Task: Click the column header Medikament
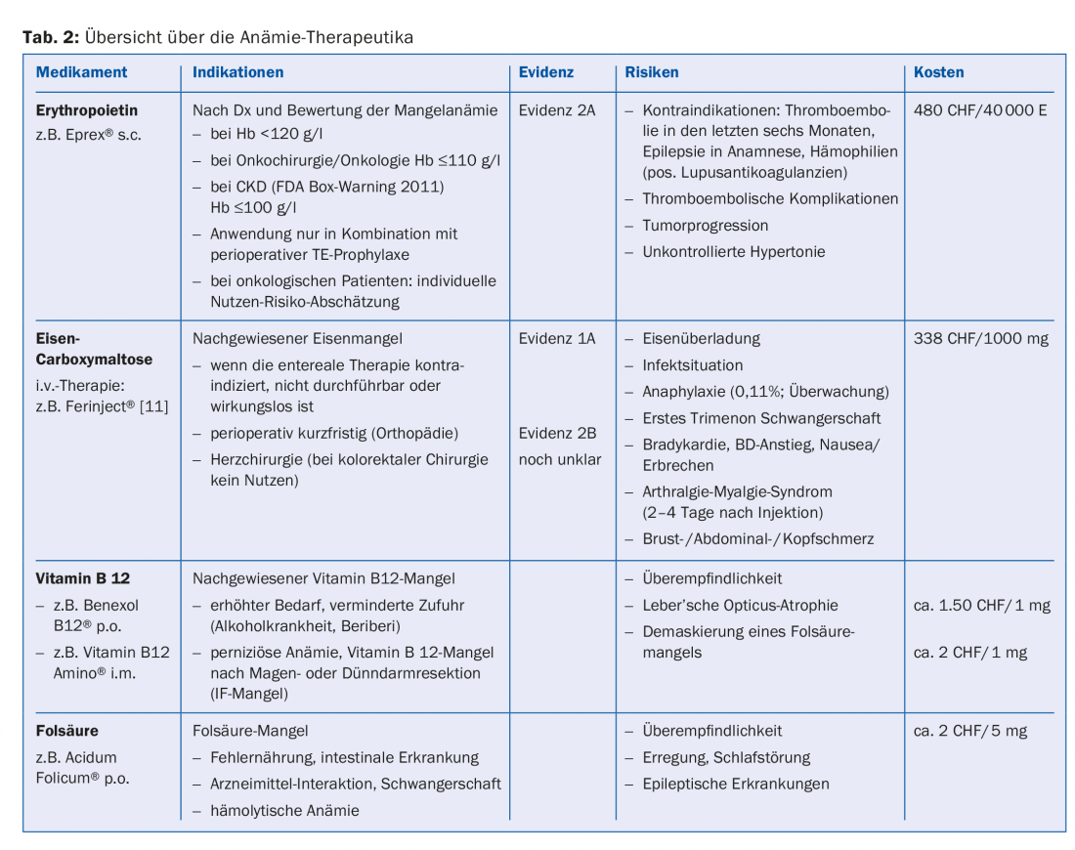(x=81, y=72)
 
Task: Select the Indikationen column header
(x=237, y=72)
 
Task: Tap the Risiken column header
(x=651, y=72)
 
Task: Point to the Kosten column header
(x=938, y=72)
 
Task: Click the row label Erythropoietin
(x=87, y=110)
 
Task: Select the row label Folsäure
(x=66, y=731)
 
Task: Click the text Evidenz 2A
(x=557, y=110)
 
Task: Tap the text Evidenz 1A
(x=557, y=339)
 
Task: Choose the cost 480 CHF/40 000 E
(x=980, y=110)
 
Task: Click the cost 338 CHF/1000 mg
(x=978, y=339)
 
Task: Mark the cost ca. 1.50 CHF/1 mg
(x=981, y=606)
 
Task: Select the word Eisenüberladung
(x=701, y=339)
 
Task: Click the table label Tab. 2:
(x=51, y=38)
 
